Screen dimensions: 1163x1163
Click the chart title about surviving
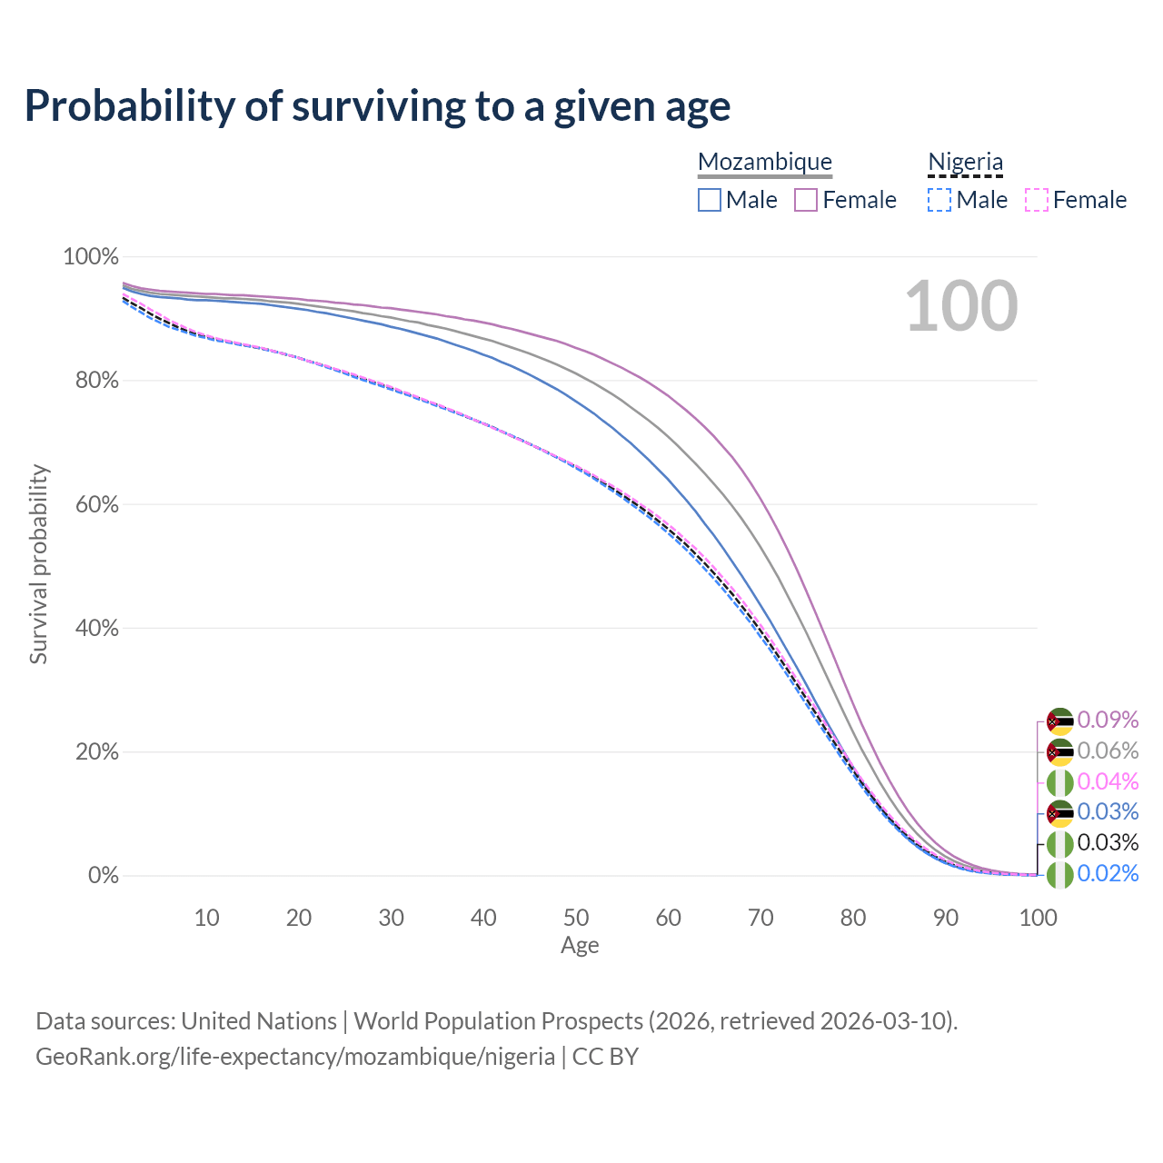377,105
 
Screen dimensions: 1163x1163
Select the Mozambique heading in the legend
765,162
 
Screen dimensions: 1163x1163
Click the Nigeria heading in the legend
965,162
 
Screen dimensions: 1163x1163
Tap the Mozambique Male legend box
710,200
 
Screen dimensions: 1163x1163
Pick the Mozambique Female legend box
806,200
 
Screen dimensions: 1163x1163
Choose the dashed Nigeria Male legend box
939,200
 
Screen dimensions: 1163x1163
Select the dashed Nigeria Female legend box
1037,200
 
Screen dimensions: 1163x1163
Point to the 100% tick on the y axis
91,257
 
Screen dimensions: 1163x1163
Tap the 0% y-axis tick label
104,876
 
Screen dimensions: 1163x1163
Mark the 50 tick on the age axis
576,918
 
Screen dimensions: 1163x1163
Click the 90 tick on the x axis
946,918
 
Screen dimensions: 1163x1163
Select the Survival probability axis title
38,564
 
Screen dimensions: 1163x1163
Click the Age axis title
580,946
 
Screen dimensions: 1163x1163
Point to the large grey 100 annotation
961,306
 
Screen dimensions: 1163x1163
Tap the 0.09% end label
1108,720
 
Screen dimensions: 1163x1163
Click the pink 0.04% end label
1108,781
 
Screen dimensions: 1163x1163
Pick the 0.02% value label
1108,873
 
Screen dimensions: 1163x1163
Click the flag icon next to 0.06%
1059,752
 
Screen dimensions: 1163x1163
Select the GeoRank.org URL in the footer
295,1057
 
